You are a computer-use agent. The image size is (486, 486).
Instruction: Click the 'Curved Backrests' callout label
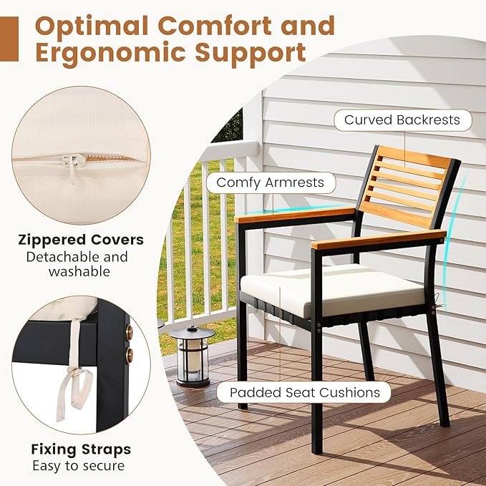(402, 120)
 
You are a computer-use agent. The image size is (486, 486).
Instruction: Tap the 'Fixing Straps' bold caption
(81, 449)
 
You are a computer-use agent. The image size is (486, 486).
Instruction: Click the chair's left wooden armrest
(293, 214)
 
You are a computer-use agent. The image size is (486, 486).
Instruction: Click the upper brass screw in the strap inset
(129, 332)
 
